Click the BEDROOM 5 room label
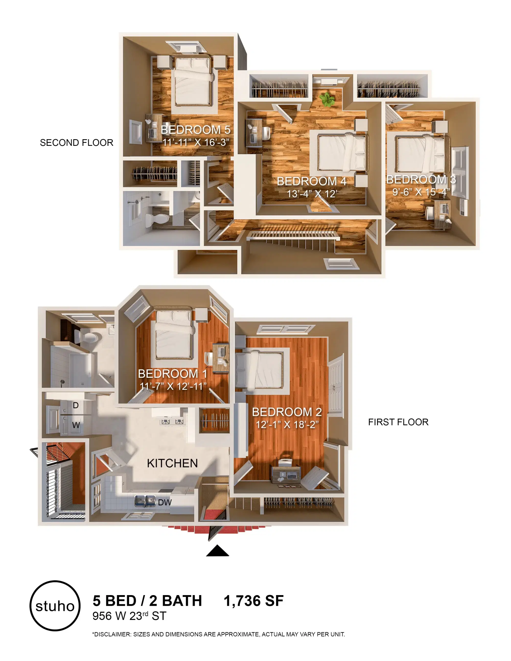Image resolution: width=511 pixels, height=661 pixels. pos(195,129)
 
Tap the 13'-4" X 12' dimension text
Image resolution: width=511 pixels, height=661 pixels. pos(312,194)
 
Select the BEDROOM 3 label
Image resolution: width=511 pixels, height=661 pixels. pos(421,180)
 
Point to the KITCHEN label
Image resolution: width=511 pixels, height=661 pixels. pos(172,463)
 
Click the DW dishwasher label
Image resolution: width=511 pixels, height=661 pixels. pos(165,502)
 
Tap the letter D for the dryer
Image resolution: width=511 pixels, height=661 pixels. pos(76,405)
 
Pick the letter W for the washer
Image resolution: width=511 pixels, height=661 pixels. pos(76,425)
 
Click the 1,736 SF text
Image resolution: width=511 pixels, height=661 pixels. pos(254,601)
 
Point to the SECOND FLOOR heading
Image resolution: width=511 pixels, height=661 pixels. pos(77,143)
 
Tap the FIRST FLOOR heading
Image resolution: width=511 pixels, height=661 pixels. pos(398,422)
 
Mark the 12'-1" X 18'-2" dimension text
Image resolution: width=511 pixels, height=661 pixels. pos(287,424)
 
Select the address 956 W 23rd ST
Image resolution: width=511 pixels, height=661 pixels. pos(129,616)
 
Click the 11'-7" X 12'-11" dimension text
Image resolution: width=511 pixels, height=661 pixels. pos(173,386)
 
